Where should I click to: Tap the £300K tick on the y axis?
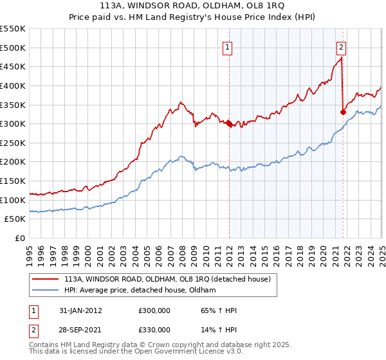[x=12, y=123]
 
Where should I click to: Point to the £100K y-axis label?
[x=12, y=200]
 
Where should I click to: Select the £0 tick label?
[x=20, y=238]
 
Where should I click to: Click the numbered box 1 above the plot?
[x=228, y=46]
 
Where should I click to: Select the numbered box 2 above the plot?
[x=340, y=46]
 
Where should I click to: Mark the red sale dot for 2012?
[x=229, y=124]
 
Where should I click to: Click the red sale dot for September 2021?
[x=343, y=113]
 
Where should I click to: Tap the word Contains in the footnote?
[x=44, y=345]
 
